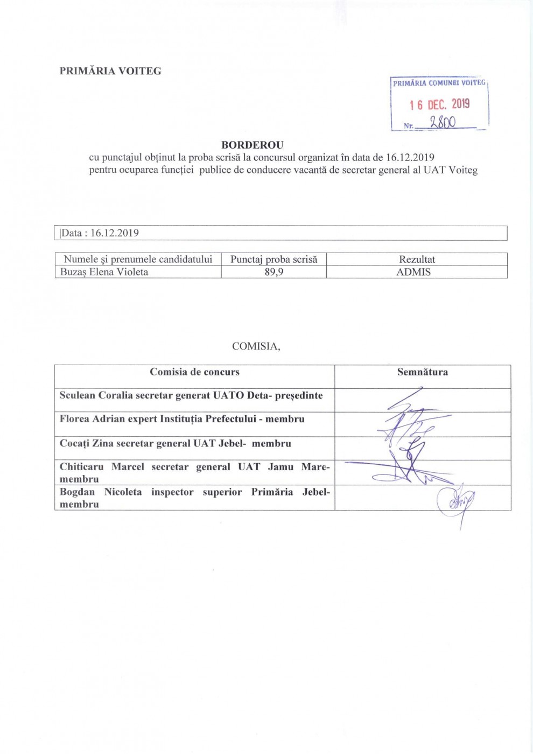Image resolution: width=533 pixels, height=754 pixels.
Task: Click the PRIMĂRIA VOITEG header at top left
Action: click(x=110, y=71)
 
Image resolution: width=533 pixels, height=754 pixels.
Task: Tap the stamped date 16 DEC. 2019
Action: click(x=439, y=104)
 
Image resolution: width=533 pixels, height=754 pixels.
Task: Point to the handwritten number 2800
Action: click(x=443, y=122)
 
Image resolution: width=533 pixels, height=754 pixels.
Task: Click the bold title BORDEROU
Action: click(x=252, y=145)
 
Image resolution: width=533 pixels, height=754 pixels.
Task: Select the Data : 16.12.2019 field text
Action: click(x=100, y=233)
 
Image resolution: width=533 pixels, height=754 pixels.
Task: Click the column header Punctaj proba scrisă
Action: click(x=273, y=259)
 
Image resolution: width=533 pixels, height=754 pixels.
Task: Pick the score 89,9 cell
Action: click(x=273, y=272)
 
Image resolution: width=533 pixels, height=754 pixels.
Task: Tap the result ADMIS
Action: click(x=413, y=272)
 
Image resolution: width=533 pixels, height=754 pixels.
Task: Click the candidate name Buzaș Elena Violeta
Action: click(x=104, y=272)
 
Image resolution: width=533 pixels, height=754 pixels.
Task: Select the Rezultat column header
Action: click(x=417, y=259)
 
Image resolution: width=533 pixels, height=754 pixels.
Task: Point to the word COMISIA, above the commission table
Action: click(x=256, y=346)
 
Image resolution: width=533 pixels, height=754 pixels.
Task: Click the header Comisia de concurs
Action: click(x=194, y=372)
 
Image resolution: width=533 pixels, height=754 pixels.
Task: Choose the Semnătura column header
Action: click(x=422, y=372)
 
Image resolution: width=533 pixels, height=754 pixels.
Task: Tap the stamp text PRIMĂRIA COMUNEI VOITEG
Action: click(x=439, y=83)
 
